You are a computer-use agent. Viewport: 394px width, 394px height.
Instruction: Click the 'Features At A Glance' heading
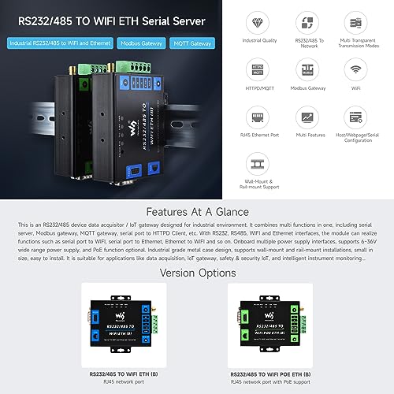pos(196,212)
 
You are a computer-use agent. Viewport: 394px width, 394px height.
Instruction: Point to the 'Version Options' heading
pos(196,273)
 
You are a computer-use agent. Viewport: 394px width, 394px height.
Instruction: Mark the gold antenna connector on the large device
pos(72,72)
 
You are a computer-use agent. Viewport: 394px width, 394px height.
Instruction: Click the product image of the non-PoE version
pos(122,324)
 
